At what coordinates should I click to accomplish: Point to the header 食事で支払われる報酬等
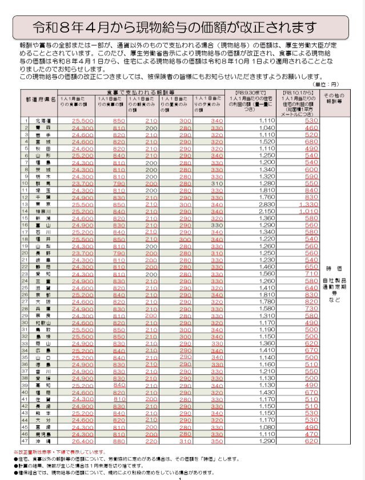[x=139, y=92]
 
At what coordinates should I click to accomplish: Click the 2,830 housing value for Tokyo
[x=266, y=203]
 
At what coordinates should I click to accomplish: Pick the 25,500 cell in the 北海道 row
[x=82, y=121]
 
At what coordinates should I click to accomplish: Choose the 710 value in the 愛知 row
[x=311, y=273]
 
